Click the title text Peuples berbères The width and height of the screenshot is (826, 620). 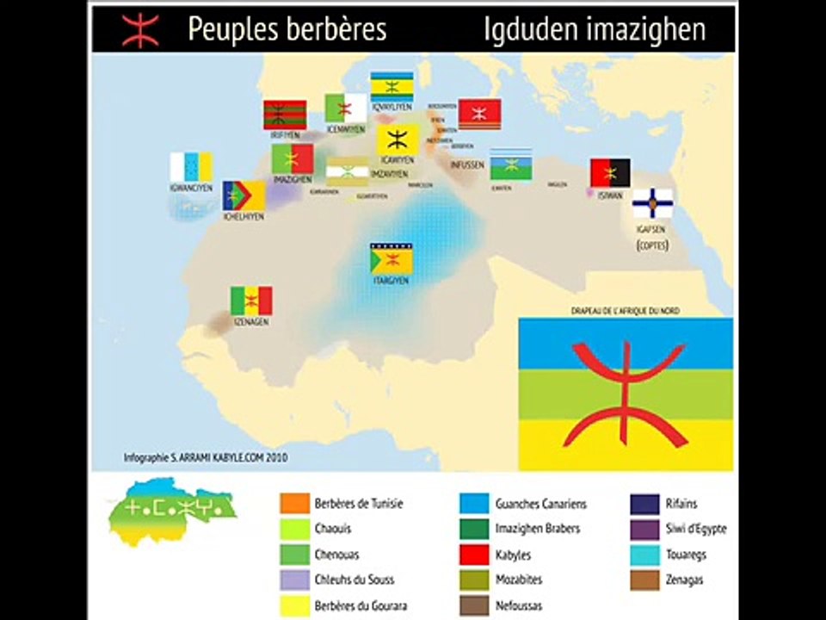(287, 29)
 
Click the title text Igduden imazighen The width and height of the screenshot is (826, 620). (594, 29)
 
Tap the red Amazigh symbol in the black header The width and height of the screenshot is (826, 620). (140, 29)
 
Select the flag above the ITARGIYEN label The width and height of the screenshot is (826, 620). (391, 257)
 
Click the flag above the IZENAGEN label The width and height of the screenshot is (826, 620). (251, 301)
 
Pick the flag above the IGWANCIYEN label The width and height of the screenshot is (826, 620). (191, 167)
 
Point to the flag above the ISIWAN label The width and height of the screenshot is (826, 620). (610, 173)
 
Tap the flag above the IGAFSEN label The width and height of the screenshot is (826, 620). (652, 204)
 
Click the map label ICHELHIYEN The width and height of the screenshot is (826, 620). (243, 217)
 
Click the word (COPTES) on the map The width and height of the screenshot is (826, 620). (652, 245)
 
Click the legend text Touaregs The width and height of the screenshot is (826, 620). (686, 555)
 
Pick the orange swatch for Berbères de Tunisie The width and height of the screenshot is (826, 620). (295, 504)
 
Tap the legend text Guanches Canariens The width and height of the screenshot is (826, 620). (540, 504)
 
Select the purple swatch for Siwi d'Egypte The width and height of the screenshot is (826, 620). (645, 529)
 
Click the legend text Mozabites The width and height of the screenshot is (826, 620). (519, 580)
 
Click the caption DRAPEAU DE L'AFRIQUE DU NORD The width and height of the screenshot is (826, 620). (626, 310)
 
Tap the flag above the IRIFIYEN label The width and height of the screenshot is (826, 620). (285, 115)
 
